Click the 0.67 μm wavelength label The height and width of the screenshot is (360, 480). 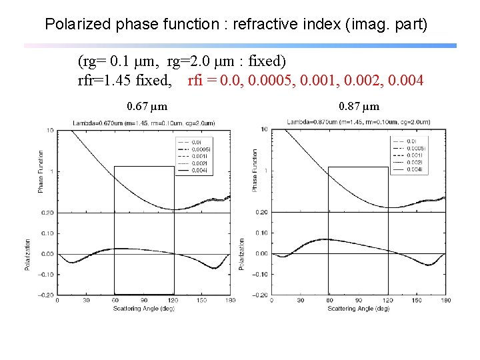(x=147, y=106)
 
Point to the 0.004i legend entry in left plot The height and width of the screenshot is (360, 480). (x=199, y=172)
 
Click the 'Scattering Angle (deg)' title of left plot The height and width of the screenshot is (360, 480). (x=143, y=308)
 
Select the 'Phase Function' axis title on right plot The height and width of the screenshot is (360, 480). (x=254, y=171)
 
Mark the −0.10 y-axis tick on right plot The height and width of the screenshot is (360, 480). (x=261, y=274)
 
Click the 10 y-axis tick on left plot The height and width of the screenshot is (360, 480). (x=51, y=131)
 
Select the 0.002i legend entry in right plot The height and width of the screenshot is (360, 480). (x=413, y=163)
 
